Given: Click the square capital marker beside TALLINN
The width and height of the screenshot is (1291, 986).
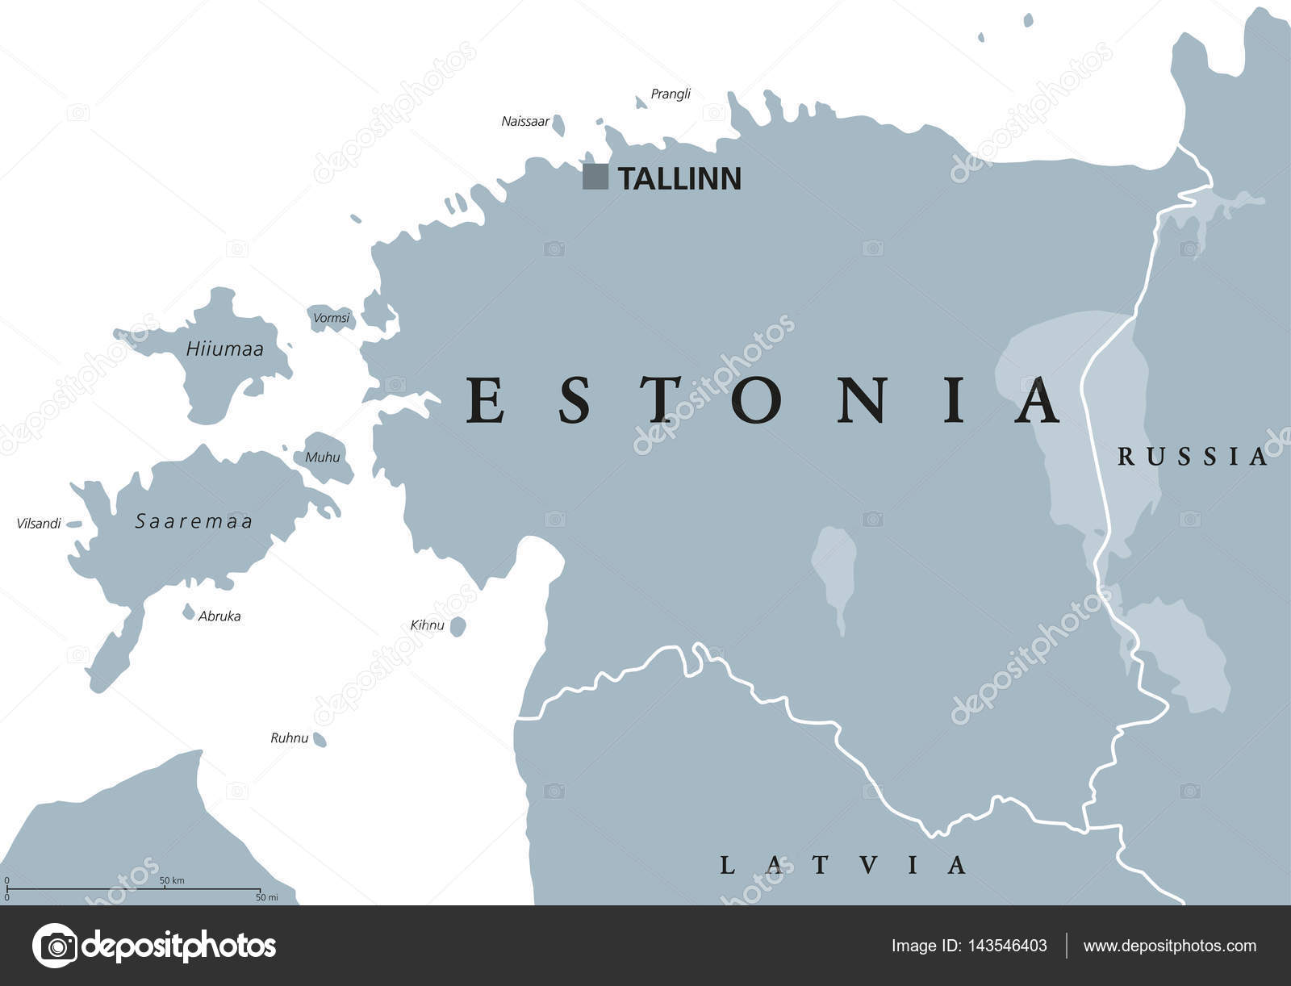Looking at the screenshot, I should pyautogui.click(x=595, y=177).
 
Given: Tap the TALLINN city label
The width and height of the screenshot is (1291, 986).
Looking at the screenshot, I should pyautogui.click(x=679, y=179).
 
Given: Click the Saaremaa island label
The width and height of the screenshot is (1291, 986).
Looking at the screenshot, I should pyautogui.click(x=194, y=522).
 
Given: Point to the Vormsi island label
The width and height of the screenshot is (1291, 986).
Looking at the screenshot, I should pyautogui.click(x=332, y=318).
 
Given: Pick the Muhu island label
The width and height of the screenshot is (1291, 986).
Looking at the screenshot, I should pyautogui.click(x=323, y=457).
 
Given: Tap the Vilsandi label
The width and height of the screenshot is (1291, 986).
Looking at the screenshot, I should pyautogui.click(x=39, y=524).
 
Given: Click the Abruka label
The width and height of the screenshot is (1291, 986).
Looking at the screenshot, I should pyautogui.click(x=219, y=616).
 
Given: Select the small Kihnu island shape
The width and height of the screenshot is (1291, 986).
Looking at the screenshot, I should pyautogui.click(x=457, y=626).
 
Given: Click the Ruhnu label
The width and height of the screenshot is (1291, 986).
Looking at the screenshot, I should pyautogui.click(x=289, y=737).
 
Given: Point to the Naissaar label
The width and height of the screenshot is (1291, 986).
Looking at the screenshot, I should pyautogui.click(x=525, y=122).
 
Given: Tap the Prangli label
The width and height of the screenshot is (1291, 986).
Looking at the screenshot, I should pyautogui.click(x=671, y=94).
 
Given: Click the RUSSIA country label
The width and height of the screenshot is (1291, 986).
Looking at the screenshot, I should pyautogui.click(x=1192, y=457).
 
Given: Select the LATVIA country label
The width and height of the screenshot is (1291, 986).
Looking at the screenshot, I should pyautogui.click(x=842, y=866).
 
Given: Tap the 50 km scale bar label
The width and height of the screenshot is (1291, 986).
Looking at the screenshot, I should pyautogui.click(x=171, y=880).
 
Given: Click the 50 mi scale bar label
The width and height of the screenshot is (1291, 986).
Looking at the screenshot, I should pyautogui.click(x=266, y=897).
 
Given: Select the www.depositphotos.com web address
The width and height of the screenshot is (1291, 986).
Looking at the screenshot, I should pyautogui.click(x=1169, y=946).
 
